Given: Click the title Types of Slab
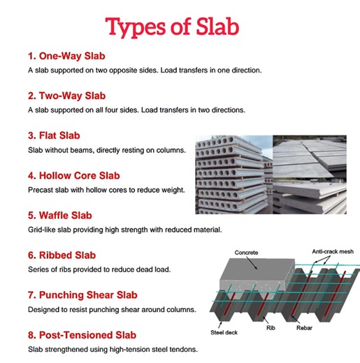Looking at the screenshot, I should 172,27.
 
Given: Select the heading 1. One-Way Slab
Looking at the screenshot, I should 67,55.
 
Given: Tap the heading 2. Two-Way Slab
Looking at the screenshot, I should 67,95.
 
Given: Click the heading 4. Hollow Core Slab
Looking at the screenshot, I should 74,175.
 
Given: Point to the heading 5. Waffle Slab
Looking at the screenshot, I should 60,215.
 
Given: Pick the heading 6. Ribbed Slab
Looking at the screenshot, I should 62,255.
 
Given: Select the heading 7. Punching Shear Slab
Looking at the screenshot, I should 83,295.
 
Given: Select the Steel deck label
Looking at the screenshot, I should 224,332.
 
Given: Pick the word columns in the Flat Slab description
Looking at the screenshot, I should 167,149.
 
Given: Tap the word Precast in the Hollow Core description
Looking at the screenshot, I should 42,189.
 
